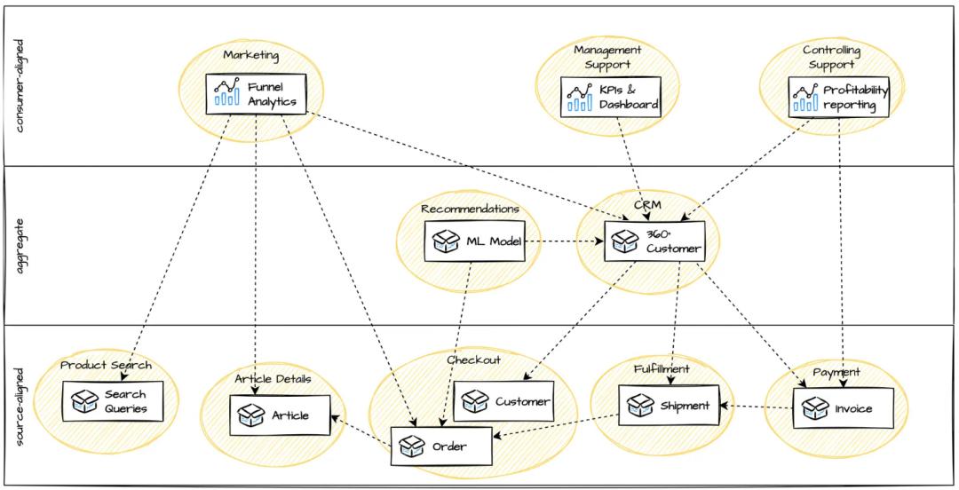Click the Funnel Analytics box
tap(256, 93)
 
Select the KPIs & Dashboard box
tap(610, 97)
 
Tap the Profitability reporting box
tap(838, 97)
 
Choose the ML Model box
tap(474, 241)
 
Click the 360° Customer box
tap(654, 241)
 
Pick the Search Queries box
tap(113, 401)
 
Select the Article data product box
tap(280, 415)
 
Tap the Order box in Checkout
tap(441, 446)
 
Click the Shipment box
tap(670, 405)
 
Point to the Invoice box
tap(844, 408)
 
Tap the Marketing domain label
tap(250, 55)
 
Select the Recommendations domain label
tap(470, 209)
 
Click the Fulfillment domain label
tap(662, 369)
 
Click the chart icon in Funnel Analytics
tap(226, 92)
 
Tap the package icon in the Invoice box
tap(815, 408)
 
